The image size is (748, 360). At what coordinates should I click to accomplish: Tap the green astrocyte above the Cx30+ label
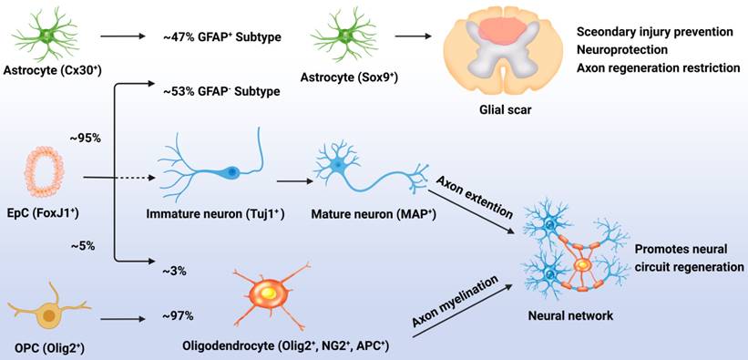click(x=46, y=36)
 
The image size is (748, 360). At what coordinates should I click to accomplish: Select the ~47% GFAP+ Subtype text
click(x=220, y=36)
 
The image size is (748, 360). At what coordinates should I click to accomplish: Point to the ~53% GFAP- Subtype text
click(x=220, y=92)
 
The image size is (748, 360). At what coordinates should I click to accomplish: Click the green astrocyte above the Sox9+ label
click(x=342, y=37)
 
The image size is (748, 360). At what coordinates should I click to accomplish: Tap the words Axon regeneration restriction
click(x=659, y=68)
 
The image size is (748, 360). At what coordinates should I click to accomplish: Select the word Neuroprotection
click(x=621, y=49)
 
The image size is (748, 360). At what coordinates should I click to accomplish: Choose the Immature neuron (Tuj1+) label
click(x=216, y=214)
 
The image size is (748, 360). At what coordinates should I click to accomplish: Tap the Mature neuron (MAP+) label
click(x=374, y=215)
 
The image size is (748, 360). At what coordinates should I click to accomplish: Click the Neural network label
click(x=570, y=315)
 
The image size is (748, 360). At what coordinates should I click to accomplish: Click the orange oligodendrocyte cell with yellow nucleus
click(x=270, y=296)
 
